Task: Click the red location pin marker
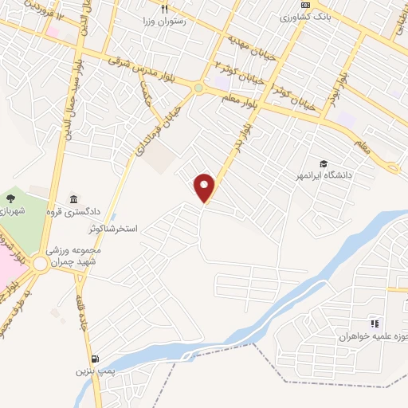click(x=205, y=187)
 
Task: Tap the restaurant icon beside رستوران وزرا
click(x=164, y=10)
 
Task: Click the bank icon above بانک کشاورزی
click(x=304, y=4)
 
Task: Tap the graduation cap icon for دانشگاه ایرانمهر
click(x=324, y=163)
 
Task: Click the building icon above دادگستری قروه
click(x=74, y=199)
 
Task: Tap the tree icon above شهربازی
click(x=10, y=198)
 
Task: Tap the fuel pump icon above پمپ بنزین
click(x=96, y=359)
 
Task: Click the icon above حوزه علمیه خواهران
click(x=375, y=324)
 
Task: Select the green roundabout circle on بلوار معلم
click(x=198, y=88)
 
